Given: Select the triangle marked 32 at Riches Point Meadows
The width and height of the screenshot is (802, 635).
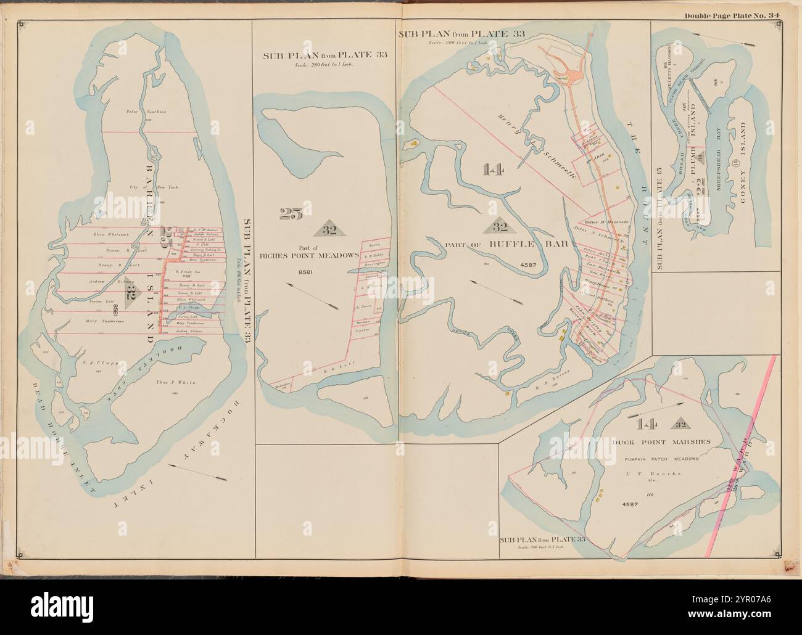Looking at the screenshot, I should (329, 229).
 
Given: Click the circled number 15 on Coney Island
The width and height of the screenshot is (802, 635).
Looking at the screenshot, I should (734, 165).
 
